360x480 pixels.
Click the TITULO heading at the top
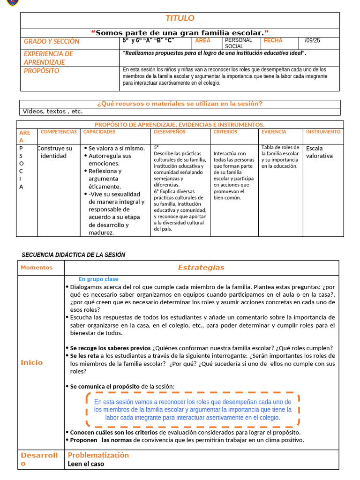180,18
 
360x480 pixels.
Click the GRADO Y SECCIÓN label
52,41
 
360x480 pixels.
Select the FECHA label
273,41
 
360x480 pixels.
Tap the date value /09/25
312,41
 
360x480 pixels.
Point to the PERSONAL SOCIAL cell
238,43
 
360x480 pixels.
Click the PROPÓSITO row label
42,71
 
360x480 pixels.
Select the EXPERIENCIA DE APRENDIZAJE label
48,58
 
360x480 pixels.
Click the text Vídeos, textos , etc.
52,112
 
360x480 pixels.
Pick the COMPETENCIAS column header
59,132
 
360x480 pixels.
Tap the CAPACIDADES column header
99,132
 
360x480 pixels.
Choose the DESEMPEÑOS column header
169,132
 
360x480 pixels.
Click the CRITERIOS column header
225,132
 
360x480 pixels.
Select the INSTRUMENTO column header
323,132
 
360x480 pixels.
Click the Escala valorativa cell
319,152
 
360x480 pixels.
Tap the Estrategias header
201,268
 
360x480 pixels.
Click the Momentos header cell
37,268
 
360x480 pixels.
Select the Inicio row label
31,362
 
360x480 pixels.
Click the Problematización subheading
98,455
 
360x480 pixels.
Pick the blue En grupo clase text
98,279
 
